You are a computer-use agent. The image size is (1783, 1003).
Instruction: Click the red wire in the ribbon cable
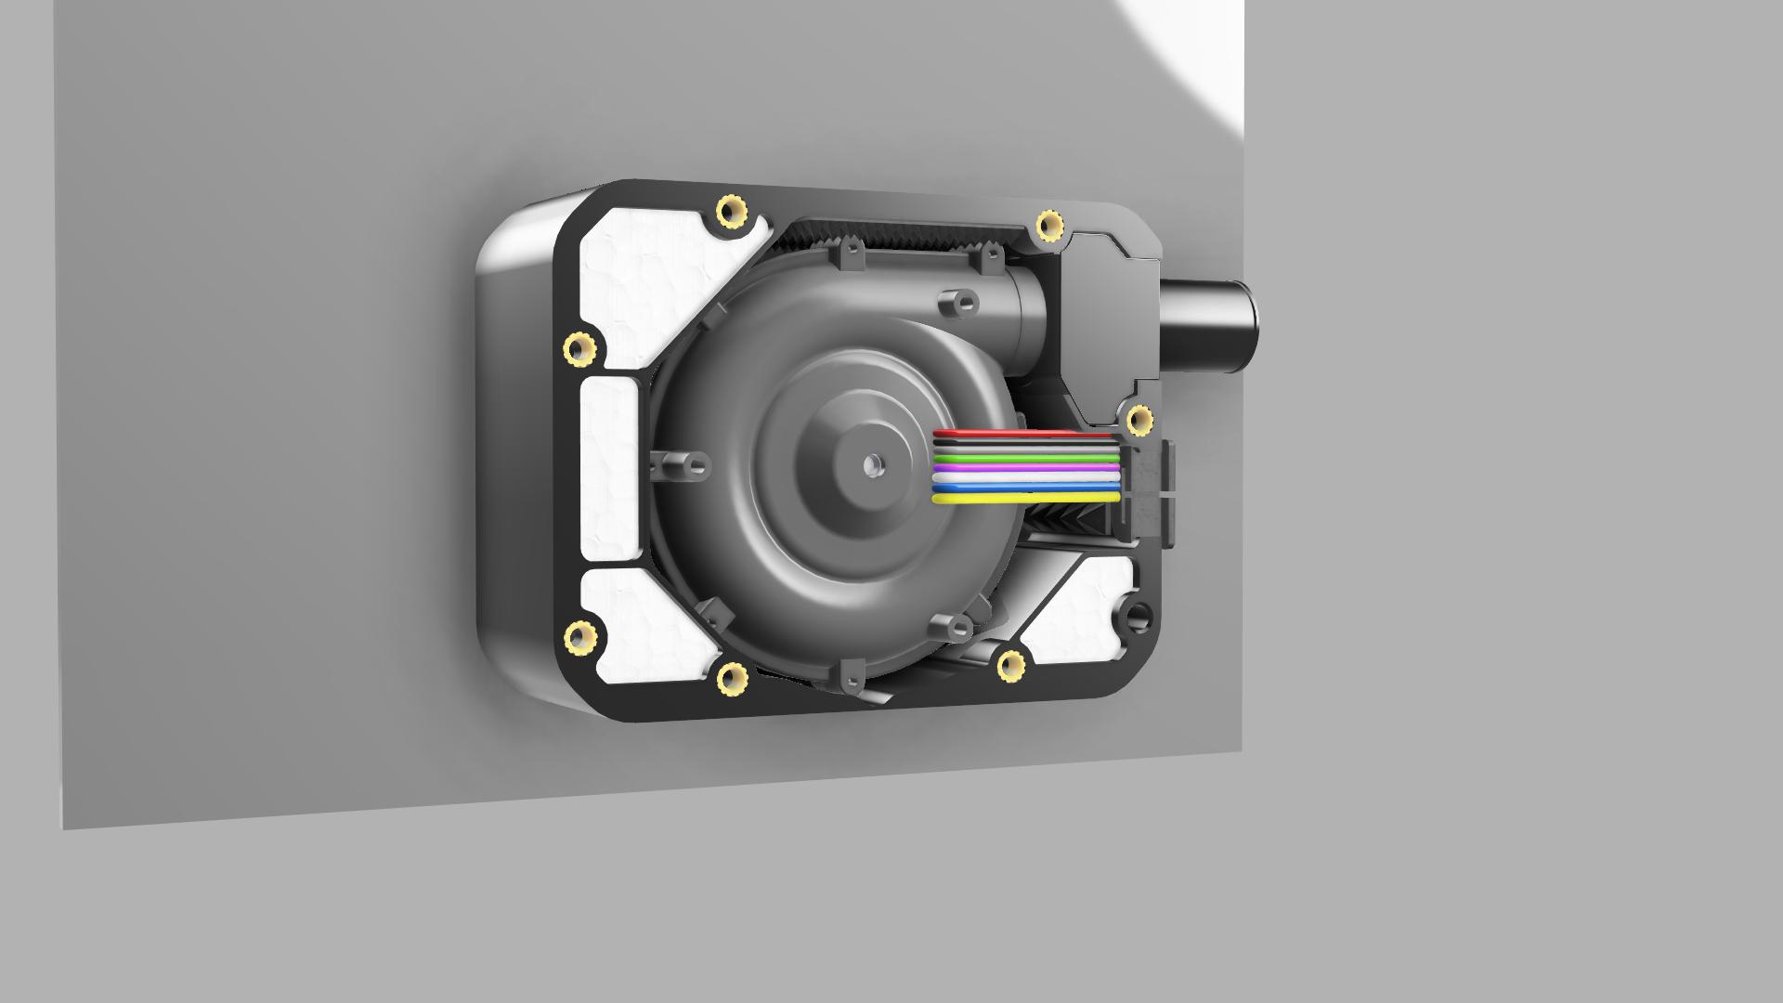(1022, 434)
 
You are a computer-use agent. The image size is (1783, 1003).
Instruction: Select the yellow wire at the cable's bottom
(1022, 499)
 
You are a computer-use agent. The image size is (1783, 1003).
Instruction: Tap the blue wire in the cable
(1022, 488)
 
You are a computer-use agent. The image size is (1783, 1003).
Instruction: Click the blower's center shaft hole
(872, 462)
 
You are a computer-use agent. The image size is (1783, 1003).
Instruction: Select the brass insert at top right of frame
(1050, 224)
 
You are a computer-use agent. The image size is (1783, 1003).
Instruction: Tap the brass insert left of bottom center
(733, 679)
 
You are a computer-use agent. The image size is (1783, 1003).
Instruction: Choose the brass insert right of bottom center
(1010, 665)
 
